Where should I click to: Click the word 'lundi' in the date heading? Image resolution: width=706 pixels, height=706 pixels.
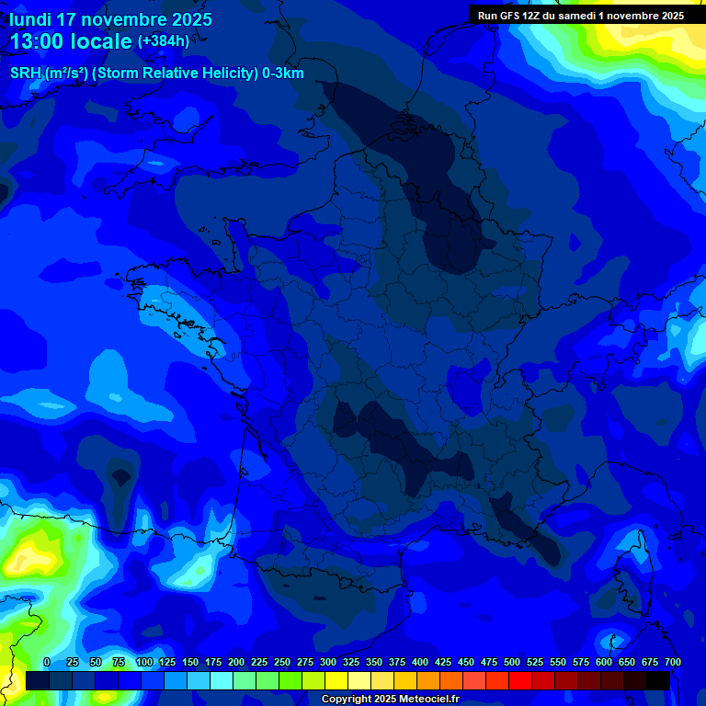tap(30, 19)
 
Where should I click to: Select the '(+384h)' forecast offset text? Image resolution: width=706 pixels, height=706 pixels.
tap(163, 41)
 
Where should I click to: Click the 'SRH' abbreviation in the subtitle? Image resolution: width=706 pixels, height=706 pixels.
tap(26, 74)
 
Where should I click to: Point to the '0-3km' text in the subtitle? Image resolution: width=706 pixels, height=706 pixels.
tap(283, 74)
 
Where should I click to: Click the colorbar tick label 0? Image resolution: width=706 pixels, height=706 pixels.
tap(47, 662)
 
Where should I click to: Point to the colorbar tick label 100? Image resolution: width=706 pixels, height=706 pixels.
tap(144, 662)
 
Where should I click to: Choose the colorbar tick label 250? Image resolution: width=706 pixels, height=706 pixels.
tap(282, 662)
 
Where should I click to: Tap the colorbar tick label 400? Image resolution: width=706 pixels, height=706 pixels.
tap(420, 662)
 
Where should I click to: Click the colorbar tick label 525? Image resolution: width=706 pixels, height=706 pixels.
tap(535, 662)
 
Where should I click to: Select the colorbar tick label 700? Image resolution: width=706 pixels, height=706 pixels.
tap(672, 662)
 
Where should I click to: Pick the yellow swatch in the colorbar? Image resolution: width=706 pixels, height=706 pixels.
tap(336, 680)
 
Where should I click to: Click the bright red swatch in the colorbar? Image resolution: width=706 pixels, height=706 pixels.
tap(520, 680)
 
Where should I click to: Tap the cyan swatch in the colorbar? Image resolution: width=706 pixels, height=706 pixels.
tap(222, 680)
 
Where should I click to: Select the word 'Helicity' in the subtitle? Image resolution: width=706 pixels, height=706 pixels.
tap(223, 74)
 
